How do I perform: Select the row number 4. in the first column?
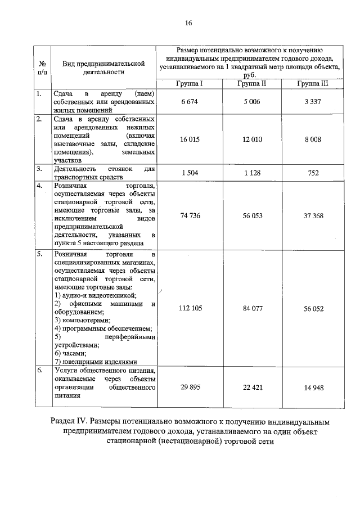(x=39, y=184)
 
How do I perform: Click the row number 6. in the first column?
(x=39, y=371)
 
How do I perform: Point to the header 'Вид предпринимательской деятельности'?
(x=100, y=68)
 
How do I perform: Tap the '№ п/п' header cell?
(x=42, y=68)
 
